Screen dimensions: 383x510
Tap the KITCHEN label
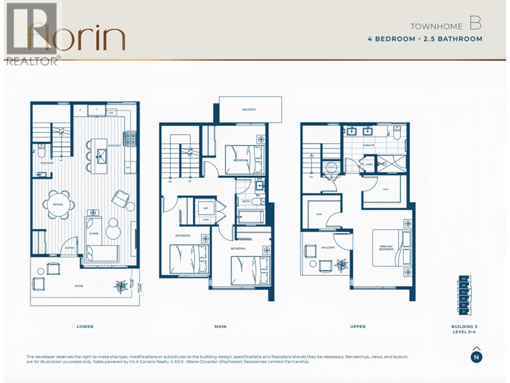tap(114, 146)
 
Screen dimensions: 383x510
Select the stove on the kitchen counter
tap(131, 139)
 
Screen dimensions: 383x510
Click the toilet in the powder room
tap(41, 151)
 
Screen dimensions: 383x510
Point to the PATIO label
tap(79, 286)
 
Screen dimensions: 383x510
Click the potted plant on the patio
tap(121, 286)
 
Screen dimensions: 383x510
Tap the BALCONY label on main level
tap(249, 109)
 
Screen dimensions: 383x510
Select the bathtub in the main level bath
tap(251, 217)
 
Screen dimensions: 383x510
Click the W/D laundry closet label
tap(206, 208)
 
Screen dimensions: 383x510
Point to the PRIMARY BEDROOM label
tap(386, 248)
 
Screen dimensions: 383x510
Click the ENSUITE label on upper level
tap(368, 145)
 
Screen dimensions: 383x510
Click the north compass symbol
tap(476, 356)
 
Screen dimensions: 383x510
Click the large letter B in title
tap(475, 23)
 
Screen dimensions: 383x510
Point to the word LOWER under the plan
tap(85, 327)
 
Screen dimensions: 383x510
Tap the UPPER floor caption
tap(358, 327)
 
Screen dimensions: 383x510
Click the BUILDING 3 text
tap(464, 327)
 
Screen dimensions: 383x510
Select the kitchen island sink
tap(102, 156)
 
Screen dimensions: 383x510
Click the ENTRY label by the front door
tap(69, 248)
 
